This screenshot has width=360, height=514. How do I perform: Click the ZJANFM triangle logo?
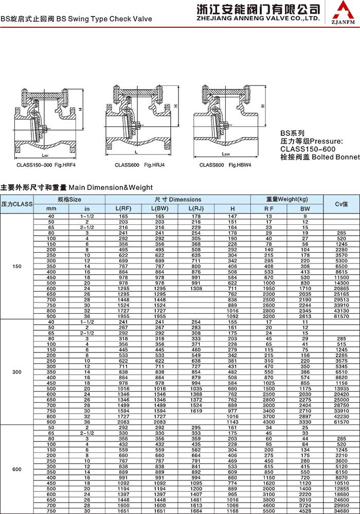point(343,11)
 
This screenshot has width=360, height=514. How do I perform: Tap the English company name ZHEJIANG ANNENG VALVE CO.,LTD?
point(254,18)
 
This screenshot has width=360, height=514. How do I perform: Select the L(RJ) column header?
point(196,208)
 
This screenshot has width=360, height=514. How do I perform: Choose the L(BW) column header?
point(159,208)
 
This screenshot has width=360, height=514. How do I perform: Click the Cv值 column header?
point(341,204)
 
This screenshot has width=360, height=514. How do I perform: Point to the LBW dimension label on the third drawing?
point(226,154)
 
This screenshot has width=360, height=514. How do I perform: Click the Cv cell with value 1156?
point(341,383)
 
